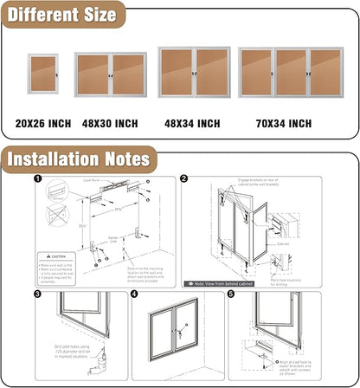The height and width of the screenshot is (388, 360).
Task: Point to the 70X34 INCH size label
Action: (x=282, y=124)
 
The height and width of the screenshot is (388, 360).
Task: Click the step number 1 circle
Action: (x=38, y=179)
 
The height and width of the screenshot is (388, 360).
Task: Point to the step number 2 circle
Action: (x=184, y=179)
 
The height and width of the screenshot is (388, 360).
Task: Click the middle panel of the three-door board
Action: (x=291, y=72)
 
